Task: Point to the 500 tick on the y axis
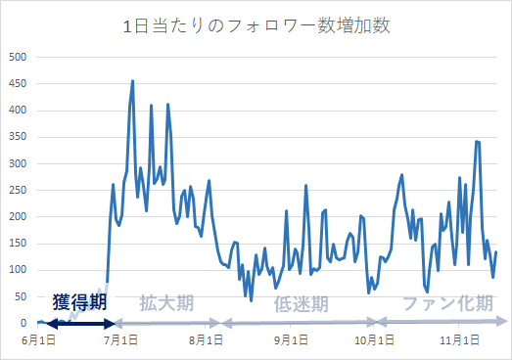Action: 18,57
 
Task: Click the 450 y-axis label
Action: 18,83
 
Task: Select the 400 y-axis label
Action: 18,110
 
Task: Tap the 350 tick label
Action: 18,136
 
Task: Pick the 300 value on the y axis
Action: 18,163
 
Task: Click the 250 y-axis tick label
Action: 18,190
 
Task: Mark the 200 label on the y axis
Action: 18,216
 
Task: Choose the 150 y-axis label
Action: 18,243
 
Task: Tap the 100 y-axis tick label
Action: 18,269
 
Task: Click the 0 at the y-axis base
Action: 23,323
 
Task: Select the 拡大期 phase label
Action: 166,303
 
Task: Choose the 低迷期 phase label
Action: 302,303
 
